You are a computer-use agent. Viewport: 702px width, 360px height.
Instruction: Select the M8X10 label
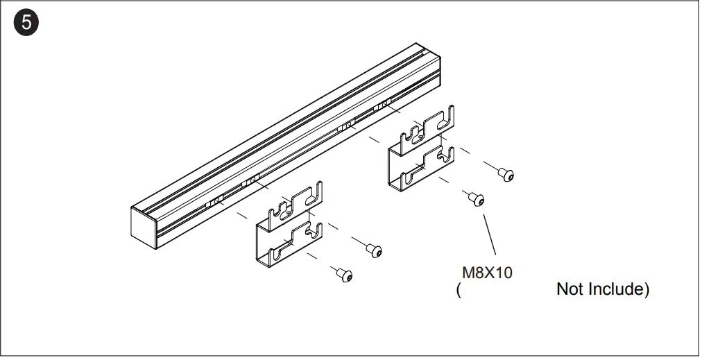tap(487, 273)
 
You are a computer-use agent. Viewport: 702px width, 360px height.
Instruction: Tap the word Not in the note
tap(571, 289)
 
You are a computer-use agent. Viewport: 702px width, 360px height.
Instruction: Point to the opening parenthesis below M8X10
tap(459, 290)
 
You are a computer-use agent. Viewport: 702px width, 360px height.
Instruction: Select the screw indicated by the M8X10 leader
tap(476, 199)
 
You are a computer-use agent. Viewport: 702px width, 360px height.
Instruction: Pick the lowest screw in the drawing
tap(345, 275)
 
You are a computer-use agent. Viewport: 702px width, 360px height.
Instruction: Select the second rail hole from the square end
tap(252, 182)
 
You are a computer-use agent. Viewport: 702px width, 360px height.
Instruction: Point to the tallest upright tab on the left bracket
tap(318, 192)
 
